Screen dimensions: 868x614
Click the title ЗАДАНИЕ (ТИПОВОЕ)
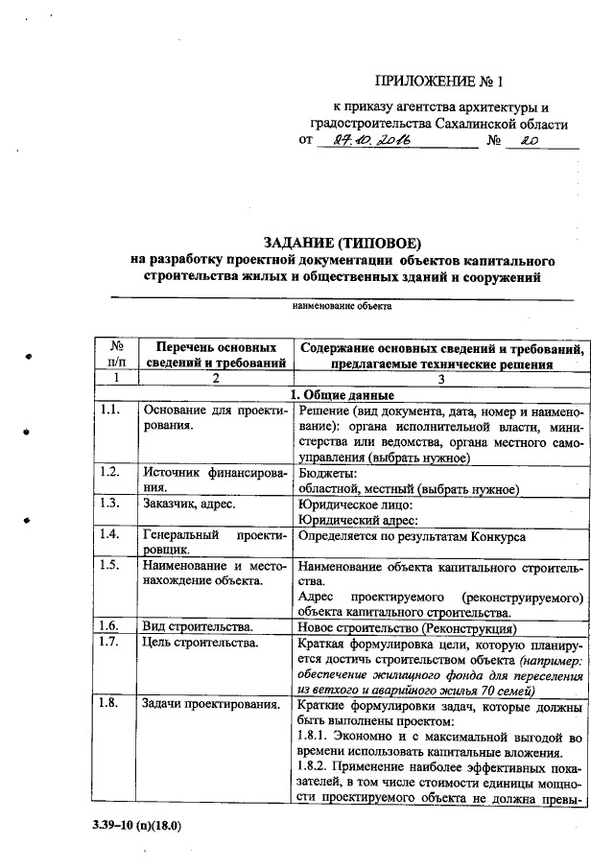click(x=342, y=241)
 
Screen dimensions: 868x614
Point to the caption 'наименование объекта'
click(x=342, y=307)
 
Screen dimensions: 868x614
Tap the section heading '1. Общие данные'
click(x=342, y=394)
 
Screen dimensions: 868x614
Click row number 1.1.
click(x=109, y=411)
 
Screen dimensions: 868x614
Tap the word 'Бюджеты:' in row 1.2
click(x=328, y=474)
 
